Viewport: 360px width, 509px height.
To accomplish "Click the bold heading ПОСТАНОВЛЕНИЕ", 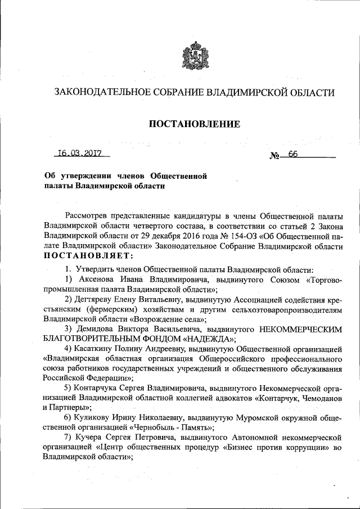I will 195,124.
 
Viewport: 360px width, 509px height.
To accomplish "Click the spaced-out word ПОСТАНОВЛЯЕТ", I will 88,256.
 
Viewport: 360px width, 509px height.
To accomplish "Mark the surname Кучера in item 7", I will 89,437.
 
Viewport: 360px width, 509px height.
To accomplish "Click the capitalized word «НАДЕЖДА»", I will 204,338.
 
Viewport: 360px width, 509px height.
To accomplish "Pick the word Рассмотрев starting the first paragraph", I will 88,216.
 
